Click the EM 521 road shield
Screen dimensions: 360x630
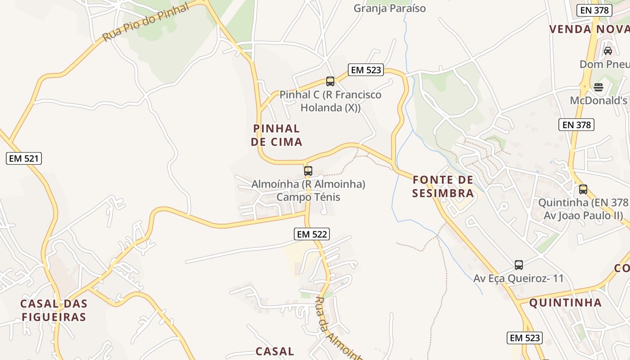pyautogui.click(x=24, y=158)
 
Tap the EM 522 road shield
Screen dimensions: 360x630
pyautogui.click(x=312, y=234)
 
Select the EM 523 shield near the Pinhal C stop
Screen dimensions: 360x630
pyautogui.click(x=366, y=70)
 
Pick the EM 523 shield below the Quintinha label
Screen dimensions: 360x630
pyautogui.click(x=525, y=338)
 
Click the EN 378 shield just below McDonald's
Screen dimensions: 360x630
pyautogui.click(x=576, y=125)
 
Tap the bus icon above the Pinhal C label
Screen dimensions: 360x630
pyautogui.click(x=330, y=81)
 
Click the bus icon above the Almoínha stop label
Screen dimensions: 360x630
pyautogui.click(x=308, y=171)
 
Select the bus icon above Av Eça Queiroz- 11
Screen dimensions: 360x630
pyautogui.click(x=519, y=265)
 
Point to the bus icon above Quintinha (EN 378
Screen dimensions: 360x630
pyautogui.click(x=583, y=189)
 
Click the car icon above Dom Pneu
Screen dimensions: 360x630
pyautogui.click(x=608, y=51)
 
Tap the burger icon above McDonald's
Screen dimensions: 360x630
pyautogui.click(x=598, y=87)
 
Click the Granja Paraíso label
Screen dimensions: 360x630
pyautogui.click(x=390, y=9)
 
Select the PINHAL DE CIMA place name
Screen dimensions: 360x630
pyautogui.click(x=276, y=135)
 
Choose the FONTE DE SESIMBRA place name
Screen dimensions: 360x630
pyautogui.click(x=443, y=187)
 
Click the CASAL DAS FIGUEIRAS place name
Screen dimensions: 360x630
pyautogui.click(x=54, y=310)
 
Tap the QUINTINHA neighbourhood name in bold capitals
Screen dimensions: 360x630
pyautogui.click(x=565, y=302)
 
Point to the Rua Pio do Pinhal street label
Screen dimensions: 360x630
pyautogui.click(x=145, y=23)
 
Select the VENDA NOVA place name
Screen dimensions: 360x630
pyautogui.click(x=589, y=29)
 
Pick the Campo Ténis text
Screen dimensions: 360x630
pyautogui.click(x=308, y=197)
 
